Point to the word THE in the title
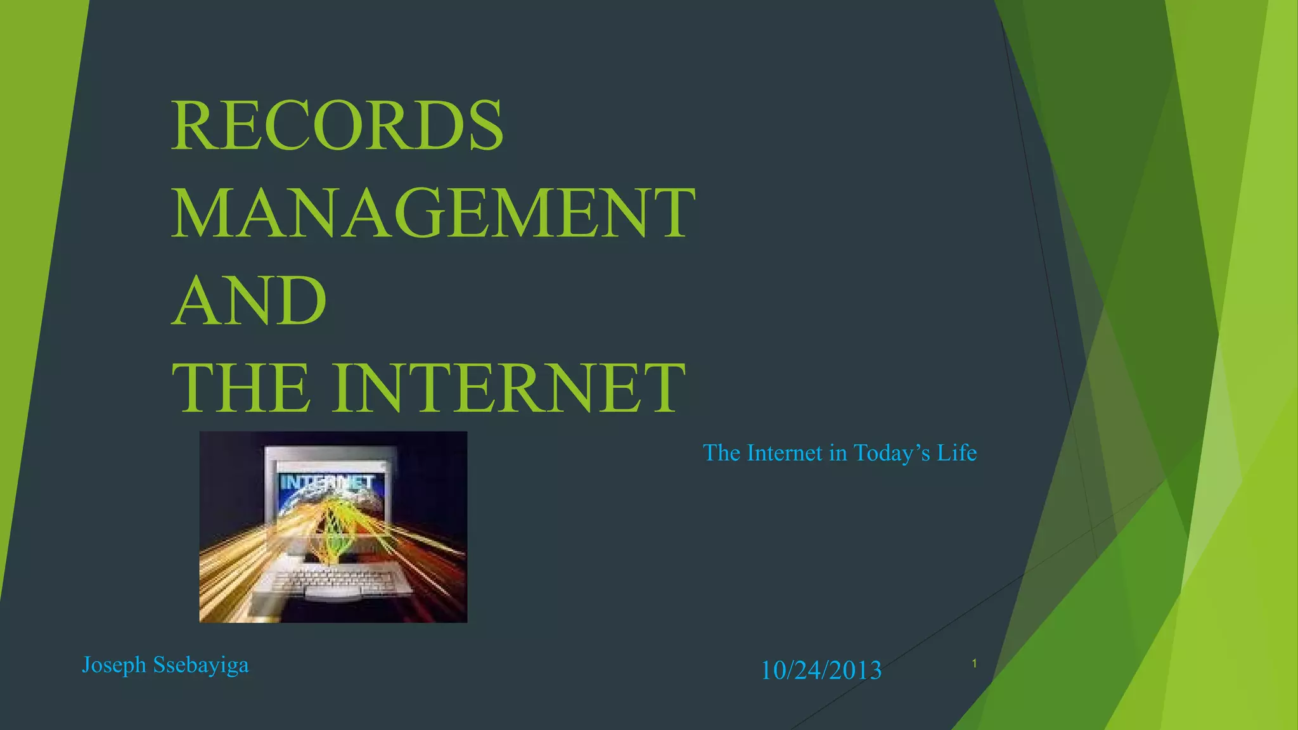tap(241, 388)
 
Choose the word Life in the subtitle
tap(957, 452)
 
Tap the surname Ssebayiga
tap(201, 665)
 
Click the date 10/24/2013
tap(821, 670)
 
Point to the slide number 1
tap(974, 663)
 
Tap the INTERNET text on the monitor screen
tap(326, 483)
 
